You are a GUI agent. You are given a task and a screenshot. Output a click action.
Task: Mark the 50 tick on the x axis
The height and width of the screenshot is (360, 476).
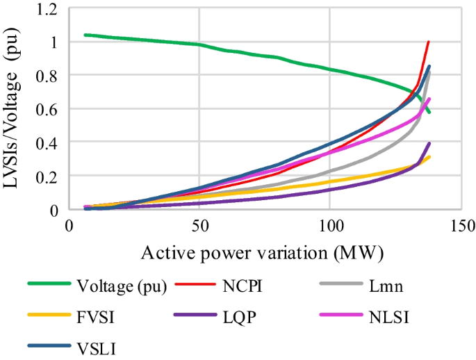coord(199,226)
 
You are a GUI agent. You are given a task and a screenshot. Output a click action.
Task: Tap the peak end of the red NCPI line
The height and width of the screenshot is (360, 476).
coord(429,42)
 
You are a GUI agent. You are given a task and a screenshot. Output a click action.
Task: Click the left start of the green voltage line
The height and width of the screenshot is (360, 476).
coord(84,35)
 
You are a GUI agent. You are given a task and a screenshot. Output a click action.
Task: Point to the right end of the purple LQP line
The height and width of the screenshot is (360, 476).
coord(429,144)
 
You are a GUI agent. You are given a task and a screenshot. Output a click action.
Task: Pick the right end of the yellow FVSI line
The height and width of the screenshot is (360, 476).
coord(429,157)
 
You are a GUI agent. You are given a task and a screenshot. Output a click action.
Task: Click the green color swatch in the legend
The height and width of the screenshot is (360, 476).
coord(49,284)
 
